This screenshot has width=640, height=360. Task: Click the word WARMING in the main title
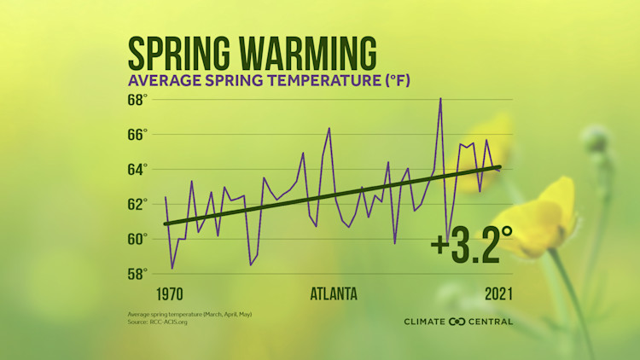pyautogui.click(x=311, y=54)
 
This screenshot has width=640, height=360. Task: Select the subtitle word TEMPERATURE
pyautogui.click(x=280, y=82)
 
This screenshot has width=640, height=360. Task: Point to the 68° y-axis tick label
pyautogui.click(x=137, y=99)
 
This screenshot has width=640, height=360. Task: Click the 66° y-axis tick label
pyautogui.click(x=137, y=134)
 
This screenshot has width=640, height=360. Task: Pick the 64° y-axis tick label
pyautogui.click(x=137, y=169)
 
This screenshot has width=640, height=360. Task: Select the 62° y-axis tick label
pyautogui.click(x=137, y=204)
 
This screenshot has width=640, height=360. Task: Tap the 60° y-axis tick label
pyautogui.click(x=137, y=239)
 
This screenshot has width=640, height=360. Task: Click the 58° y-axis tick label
pyautogui.click(x=137, y=274)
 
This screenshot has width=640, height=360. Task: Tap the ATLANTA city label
pyautogui.click(x=333, y=294)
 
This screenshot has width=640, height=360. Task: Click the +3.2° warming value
pyautogui.click(x=472, y=247)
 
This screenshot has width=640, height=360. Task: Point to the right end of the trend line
pyautogui.click(x=500, y=166)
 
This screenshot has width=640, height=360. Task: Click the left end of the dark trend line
pyautogui.click(x=166, y=224)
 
